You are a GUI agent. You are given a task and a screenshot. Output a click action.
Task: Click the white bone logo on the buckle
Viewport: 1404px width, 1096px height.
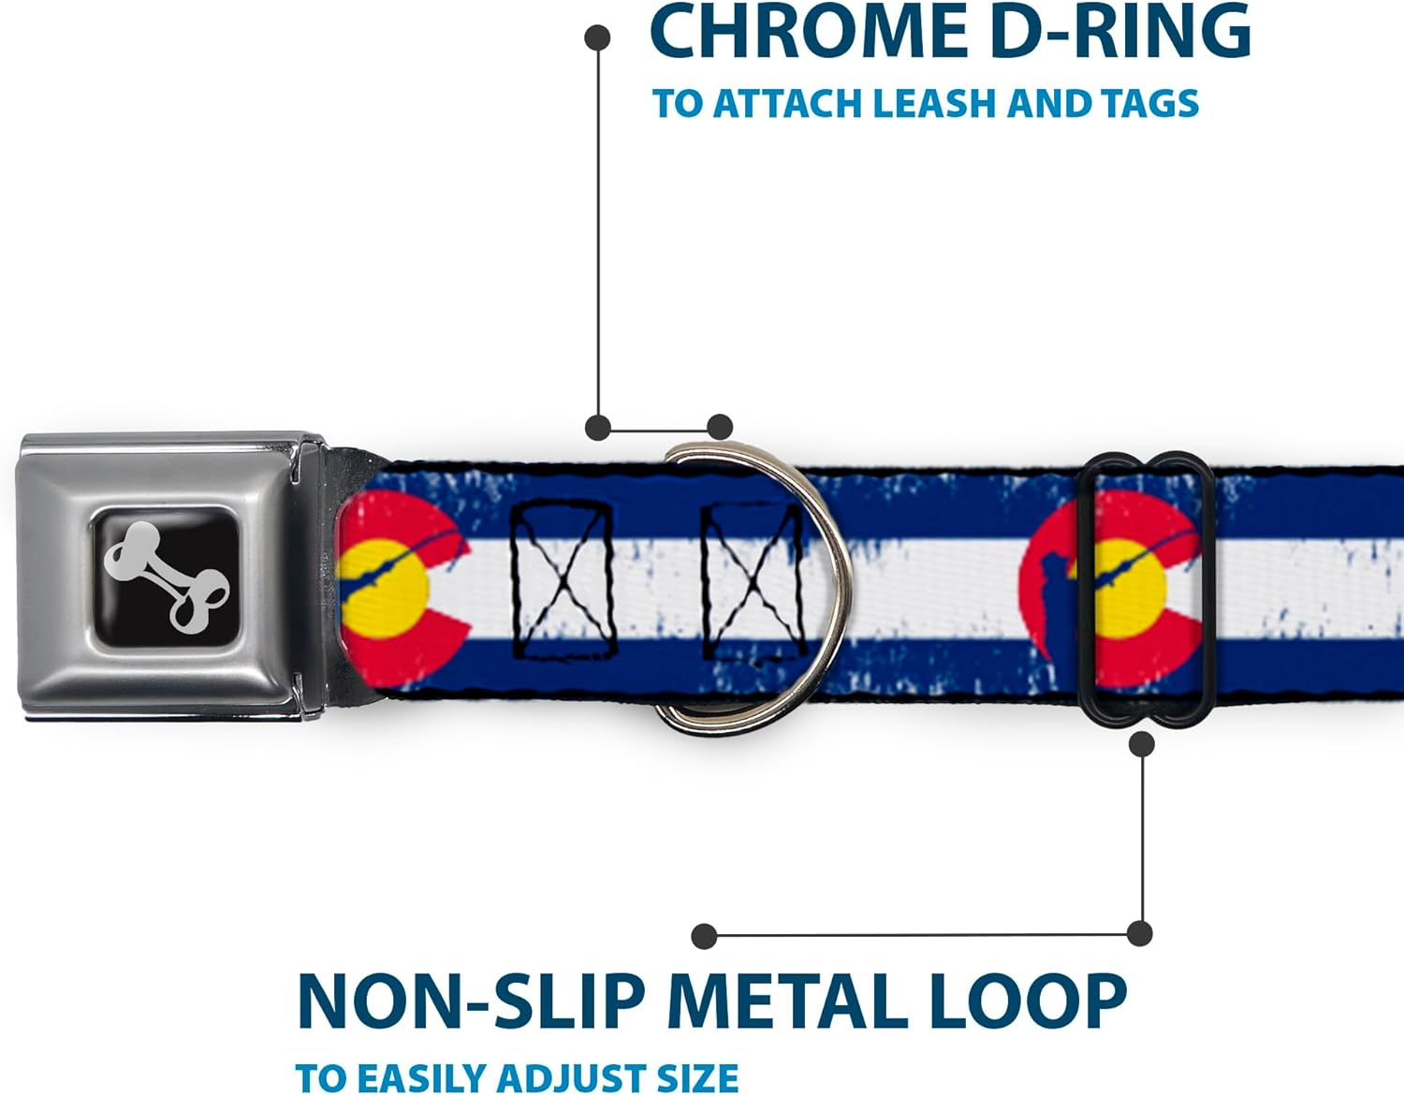tap(166, 576)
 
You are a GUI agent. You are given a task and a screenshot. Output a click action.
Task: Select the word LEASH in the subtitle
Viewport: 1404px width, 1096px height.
tap(933, 103)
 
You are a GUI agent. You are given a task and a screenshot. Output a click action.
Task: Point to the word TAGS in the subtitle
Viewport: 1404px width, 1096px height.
tap(1150, 103)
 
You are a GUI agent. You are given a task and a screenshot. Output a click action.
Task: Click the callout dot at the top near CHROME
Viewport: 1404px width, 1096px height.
tap(597, 37)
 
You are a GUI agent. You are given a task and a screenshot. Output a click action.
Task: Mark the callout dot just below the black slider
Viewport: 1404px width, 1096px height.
tap(1142, 744)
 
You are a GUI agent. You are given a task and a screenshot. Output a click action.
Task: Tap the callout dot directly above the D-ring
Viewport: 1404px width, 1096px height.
tap(720, 427)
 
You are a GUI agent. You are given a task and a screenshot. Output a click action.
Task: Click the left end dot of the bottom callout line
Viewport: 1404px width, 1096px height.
tap(704, 936)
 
